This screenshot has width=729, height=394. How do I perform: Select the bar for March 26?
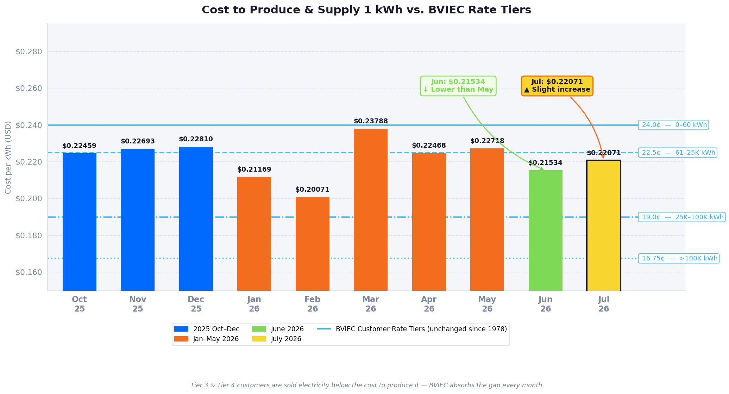coord(371,210)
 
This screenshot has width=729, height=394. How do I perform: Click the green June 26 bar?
coord(546,230)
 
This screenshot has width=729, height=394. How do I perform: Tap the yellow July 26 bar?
coord(604,226)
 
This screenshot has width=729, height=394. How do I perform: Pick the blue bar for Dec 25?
coord(196,219)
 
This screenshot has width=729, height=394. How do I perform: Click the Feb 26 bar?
coord(313,244)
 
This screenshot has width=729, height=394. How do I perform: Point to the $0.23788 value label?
coord(371,121)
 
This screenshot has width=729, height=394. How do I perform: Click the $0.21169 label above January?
coord(254,170)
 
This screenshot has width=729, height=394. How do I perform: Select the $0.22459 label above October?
coord(79,146)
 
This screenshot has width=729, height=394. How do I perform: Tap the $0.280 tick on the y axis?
coord(29,52)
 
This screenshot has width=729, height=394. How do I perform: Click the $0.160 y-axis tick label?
coord(29,272)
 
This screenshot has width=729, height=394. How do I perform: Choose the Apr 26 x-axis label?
coord(429,304)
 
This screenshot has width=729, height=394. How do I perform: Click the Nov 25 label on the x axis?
coord(138,304)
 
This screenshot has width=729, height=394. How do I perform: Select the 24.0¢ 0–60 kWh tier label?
coord(673,125)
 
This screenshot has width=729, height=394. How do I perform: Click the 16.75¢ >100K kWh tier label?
coord(679,259)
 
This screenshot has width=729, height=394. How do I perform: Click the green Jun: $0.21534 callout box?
coord(458,86)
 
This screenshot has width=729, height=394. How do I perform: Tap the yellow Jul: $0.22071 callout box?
coord(557,86)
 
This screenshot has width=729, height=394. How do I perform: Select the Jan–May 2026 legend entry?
coord(207,339)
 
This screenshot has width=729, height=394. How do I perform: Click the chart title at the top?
coord(366,10)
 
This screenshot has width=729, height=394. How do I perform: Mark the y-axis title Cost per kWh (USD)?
coord(8,157)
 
